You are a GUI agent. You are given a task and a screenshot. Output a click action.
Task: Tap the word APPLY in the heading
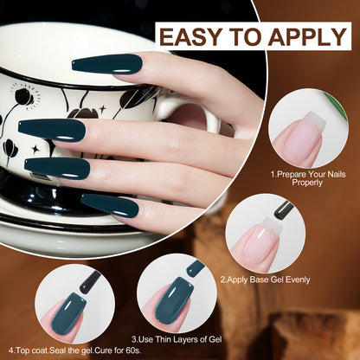click(x=307, y=36)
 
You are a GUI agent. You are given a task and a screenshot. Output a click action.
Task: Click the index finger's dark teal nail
click(x=107, y=64)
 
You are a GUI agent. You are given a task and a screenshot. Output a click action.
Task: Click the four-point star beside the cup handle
click(x=103, y=109)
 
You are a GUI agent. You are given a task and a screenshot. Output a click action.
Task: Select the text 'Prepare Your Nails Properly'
click(x=307, y=178)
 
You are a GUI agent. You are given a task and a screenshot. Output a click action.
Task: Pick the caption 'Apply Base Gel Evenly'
click(x=265, y=280)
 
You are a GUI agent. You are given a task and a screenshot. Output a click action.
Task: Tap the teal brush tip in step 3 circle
click(x=196, y=268)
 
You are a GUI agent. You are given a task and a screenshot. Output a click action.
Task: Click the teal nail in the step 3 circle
click(x=174, y=301)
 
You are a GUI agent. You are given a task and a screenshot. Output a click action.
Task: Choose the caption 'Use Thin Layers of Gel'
click(x=177, y=339)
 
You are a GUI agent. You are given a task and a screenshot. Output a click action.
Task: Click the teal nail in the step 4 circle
click(x=68, y=314)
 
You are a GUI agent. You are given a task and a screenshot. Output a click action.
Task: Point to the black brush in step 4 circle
click(x=90, y=283)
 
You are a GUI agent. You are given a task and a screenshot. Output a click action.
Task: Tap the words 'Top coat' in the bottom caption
click(x=31, y=351)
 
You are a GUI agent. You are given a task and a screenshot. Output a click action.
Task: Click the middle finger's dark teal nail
click(x=52, y=130)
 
